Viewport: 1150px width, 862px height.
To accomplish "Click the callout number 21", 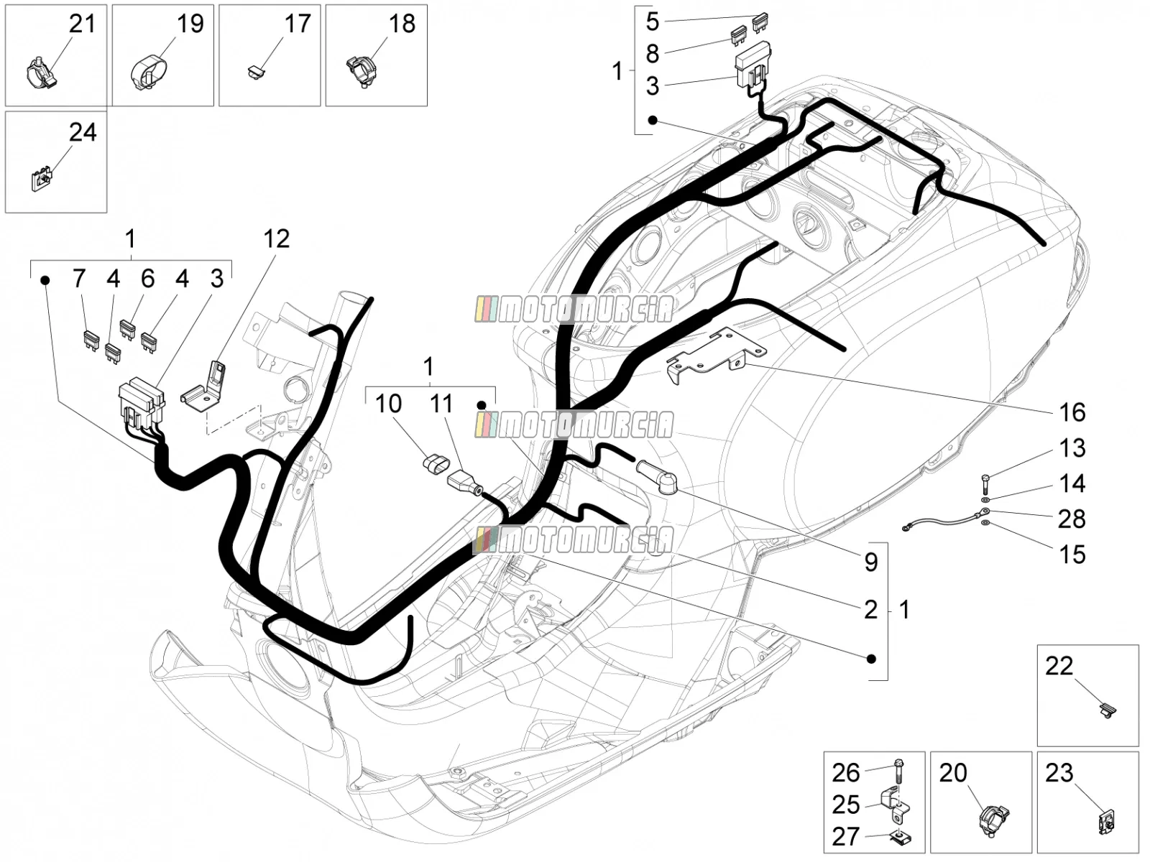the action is pyautogui.click(x=82, y=24).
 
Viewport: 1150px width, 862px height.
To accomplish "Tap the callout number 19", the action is pyautogui.click(x=190, y=24).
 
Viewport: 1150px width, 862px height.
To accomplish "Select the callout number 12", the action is pyautogui.click(x=276, y=239).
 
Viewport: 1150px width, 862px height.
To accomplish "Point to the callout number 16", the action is pyautogui.click(x=1072, y=413).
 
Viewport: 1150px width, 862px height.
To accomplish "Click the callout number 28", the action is pyautogui.click(x=1072, y=519).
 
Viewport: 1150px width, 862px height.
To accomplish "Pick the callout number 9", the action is pyautogui.click(x=870, y=562).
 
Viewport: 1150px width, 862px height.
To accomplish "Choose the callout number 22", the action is pyautogui.click(x=1059, y=667).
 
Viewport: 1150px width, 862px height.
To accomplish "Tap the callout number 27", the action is pyautogui.click(x=845, y=836).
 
